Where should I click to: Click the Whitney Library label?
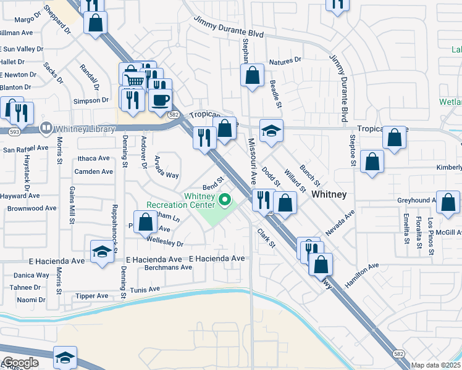coord(85,129)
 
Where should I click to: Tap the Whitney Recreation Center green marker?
coord(225,199)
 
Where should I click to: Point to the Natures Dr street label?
coord(285,60)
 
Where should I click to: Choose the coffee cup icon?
coord(160,100)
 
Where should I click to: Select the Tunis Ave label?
coord(145,289)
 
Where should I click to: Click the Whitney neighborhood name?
coord(329,194)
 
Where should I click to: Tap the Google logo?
coord(20,363)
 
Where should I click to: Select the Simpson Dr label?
coord(91,101)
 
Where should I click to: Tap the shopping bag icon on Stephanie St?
coord(252,76)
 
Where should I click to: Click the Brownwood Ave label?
coord(31,208)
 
